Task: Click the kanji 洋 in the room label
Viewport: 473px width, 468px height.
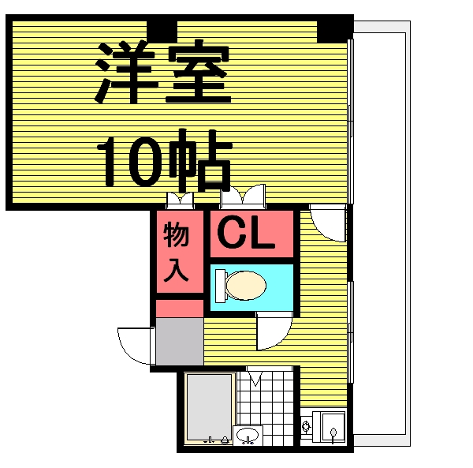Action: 126,72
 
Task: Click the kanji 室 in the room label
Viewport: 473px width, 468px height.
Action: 198,72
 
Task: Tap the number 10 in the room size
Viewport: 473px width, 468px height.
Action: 130,162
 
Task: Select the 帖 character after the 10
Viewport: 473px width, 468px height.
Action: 200,161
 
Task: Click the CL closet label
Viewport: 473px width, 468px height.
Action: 246,232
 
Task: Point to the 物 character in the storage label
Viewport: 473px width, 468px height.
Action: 176,234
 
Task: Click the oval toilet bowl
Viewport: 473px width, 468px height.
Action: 246,286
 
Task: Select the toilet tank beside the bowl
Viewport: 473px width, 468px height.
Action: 221,286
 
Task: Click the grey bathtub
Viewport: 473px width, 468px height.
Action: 209,407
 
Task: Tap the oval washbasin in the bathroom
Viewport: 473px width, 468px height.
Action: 248,435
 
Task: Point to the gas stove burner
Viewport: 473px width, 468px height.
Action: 306,427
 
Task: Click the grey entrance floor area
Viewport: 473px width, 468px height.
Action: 180,342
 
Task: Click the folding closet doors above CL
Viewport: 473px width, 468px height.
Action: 243,196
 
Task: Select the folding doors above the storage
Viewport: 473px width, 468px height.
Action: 180,200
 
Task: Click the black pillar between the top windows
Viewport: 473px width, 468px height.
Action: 162,29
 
